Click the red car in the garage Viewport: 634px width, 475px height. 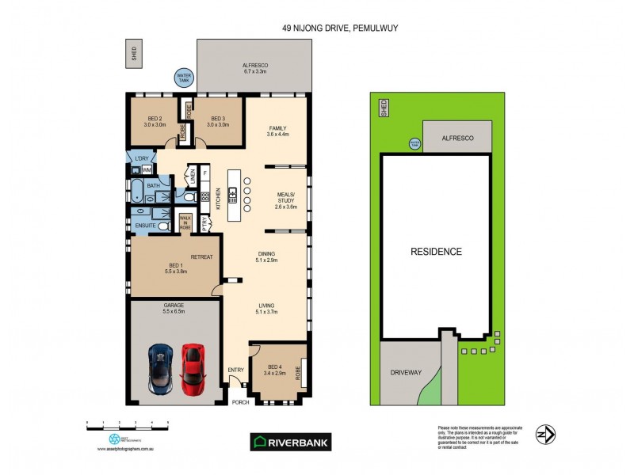(x=193, y=368)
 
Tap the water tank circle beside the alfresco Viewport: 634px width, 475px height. (x=183, y=78)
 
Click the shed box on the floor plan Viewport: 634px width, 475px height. (x=134, y=52)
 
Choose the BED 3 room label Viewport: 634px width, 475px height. (x=219, y=121)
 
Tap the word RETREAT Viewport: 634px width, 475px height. (x=202, y=256)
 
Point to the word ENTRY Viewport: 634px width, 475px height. (x=236, y=370)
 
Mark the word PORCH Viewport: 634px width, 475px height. (x=240, y=402)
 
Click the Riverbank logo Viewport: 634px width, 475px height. (x=291, y=442)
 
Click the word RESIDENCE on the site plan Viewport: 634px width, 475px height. (x=435, y=252)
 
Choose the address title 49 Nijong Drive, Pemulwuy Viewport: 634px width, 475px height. (x=340, y=28)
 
